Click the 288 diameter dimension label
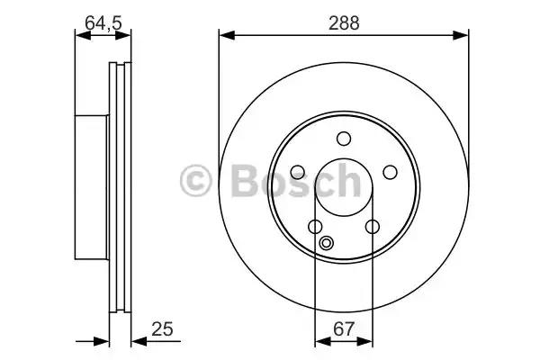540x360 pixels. (344, 23)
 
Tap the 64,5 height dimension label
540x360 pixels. (103, 23)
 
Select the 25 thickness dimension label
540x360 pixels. (162, 329)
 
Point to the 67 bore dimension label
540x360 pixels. (344, 329)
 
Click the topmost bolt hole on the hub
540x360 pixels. (344, 139)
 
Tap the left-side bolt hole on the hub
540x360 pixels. (298, 172)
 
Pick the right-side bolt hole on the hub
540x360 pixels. (390, 172)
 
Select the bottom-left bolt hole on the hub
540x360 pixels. (315, 227)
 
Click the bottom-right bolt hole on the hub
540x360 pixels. (373, 227)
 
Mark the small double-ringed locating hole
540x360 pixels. (326, 243)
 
